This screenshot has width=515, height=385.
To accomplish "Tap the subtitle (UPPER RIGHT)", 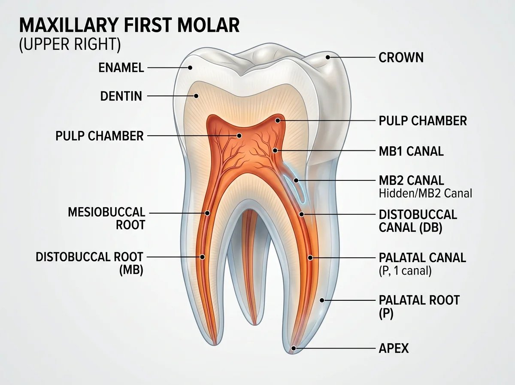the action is pyautogui.click(x=70, y=44).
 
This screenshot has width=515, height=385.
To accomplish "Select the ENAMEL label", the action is pyautogui.click(x=121, y=67).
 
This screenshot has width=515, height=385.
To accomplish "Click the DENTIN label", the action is pyautogui.click(x=121, y=96).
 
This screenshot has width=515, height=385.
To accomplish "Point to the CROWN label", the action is pyautogui.click(x=401, y=58).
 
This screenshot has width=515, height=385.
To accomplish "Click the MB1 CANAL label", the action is pyautogui.click(x=411, y=151).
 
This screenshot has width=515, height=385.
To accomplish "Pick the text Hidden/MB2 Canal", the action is pyautogui.click(x=425, y=193).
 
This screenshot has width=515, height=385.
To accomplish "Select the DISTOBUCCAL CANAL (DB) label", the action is pyautogui.click(x=418, y=221).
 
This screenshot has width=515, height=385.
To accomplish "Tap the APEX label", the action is pyautogui.click(x=394, y=348).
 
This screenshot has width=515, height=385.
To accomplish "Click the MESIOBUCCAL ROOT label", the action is pyautogui.click(x=107, y=219).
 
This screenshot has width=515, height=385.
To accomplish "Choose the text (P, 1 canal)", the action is pyautogui.click(x=405, y=271).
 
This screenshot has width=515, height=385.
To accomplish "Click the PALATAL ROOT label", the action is pyautogui.click(x=419, y=307).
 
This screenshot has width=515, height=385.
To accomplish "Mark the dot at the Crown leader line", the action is pyautogui.click(x=328, y=57).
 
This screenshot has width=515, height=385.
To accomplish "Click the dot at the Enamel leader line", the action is pyautogui.click(x=190, y=67).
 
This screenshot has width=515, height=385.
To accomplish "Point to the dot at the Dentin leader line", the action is pyautogui.click(x=196, y=96).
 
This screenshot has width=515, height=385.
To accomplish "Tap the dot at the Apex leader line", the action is pyautogui.click(x=294, y=348).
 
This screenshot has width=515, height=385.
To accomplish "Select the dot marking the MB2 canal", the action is pyautogui.click(x=296, y=180).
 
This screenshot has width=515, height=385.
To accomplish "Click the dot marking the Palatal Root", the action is pyautogui.click(x=322, y=300).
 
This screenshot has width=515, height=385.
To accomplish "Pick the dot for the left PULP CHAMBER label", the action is pyautogui.click(x=239, y=135).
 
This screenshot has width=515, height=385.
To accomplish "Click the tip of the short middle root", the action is pyautogui.click(x=255, y=325).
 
